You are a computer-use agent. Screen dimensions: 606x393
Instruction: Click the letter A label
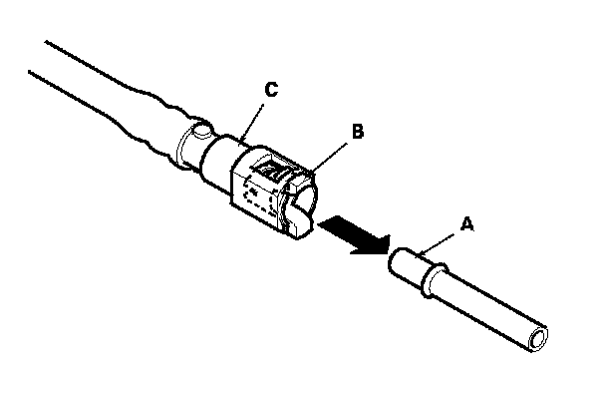[x=467, y=224]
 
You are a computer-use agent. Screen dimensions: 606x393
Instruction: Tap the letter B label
[x=358, y=131]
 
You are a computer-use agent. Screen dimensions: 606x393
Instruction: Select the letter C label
[x=271, y=90]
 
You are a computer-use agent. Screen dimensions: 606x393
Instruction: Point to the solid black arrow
[x=355, y=236]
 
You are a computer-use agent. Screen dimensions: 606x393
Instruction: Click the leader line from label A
[x=438, y=244]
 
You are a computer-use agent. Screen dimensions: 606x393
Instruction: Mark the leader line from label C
[x=252, y=123]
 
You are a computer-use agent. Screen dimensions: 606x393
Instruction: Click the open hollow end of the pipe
[x=538, y=339]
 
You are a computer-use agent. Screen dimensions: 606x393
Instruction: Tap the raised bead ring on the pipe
[x=434, y=279]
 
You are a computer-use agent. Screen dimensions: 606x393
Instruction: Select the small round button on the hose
[x=202, y=130]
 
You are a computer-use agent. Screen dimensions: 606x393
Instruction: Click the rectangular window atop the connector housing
[x=273, y=169]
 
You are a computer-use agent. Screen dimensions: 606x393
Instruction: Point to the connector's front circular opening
[x=306, y=197]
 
